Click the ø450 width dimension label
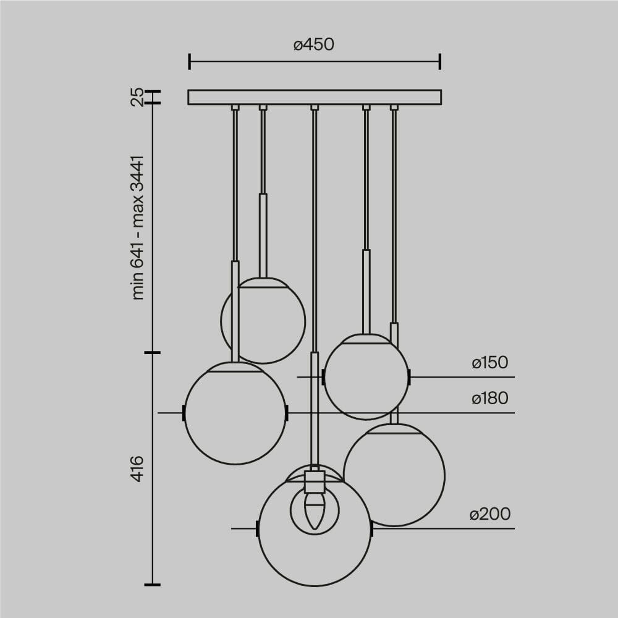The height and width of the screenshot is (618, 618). coord(314,45)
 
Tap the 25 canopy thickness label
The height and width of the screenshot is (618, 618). coord(137,97)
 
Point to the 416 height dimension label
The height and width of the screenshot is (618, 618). coord(137,468)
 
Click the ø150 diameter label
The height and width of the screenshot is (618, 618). coord(489,363)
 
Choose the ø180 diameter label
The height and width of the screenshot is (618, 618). coord(489,399)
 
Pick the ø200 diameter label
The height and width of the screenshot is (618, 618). coord(489,514)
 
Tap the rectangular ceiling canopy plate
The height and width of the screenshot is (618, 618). coord(315,97)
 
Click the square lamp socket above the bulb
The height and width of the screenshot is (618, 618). coord(315,481)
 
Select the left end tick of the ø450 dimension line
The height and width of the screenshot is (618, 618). coord(189,61)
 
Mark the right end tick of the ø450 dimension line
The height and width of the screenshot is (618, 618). coord(440,61)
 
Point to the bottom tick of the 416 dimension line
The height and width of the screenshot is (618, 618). coord(152,584)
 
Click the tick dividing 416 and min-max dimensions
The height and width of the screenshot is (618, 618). coord(152,352)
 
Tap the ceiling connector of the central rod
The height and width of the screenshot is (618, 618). coord(315,108)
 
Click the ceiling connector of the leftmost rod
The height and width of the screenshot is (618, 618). coord(235,108)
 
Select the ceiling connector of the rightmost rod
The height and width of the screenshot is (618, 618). coord(394,108)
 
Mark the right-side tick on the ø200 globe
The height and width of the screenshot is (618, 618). coord(371,528)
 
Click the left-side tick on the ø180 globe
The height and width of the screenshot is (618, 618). coord(184,412)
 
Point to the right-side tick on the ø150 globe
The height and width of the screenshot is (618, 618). coord(409,376)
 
